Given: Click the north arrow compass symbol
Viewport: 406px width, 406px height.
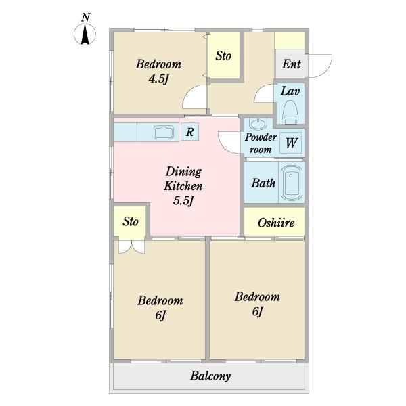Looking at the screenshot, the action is point(85,34).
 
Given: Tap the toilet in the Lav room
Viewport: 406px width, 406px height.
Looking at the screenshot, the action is point(290,112).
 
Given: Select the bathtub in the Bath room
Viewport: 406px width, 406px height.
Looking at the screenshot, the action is point(292,183).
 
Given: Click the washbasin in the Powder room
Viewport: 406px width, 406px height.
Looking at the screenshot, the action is point(258,124).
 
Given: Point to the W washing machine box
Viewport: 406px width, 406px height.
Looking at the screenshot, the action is point(291,143).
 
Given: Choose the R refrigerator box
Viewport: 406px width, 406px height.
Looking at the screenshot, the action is point(189,132).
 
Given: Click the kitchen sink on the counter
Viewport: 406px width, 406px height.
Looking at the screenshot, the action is point(164,133).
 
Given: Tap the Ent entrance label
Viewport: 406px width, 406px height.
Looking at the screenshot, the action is point(291,64).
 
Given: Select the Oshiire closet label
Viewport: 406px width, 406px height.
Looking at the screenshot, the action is point(276,223).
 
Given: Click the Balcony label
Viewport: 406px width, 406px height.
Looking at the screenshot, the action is point(210,376).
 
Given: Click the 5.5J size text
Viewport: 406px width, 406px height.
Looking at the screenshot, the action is point(183,200).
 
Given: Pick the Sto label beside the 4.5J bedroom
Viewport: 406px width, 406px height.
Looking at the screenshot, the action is point(223,55).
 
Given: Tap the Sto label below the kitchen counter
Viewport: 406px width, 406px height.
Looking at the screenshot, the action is point(131,221).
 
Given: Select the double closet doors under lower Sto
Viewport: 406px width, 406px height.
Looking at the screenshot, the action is point(131,247).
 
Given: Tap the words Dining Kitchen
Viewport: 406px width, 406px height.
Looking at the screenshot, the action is point(183,179).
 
